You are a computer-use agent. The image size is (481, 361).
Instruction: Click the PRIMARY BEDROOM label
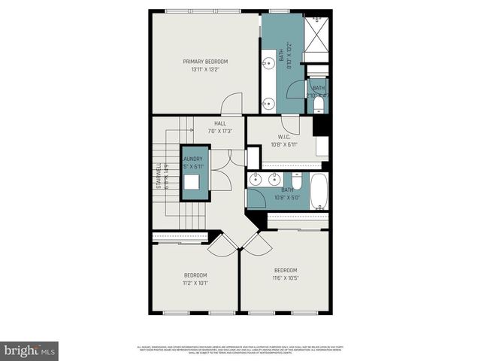(205, 61)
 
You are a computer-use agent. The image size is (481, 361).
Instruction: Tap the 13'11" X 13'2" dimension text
(205, 69)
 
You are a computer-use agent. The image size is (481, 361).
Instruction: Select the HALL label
(220, 123)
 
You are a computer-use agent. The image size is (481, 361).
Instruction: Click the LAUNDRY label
(192, 159)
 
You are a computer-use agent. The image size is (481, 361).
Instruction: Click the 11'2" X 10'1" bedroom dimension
(195, 284)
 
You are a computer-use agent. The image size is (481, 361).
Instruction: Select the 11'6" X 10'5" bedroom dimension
(285, 279)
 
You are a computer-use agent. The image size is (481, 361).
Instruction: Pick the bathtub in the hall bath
(319, 191)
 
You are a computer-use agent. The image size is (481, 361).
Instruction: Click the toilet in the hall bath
(297, 181)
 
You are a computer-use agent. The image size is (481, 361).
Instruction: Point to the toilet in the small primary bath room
(319, 105)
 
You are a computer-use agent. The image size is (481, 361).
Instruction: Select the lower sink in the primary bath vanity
(268, 104)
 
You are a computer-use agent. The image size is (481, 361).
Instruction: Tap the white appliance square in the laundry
(192, 183)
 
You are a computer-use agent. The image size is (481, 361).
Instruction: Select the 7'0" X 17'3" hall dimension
(220, 132)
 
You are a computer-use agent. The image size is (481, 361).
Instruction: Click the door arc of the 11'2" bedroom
(222, 242)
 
